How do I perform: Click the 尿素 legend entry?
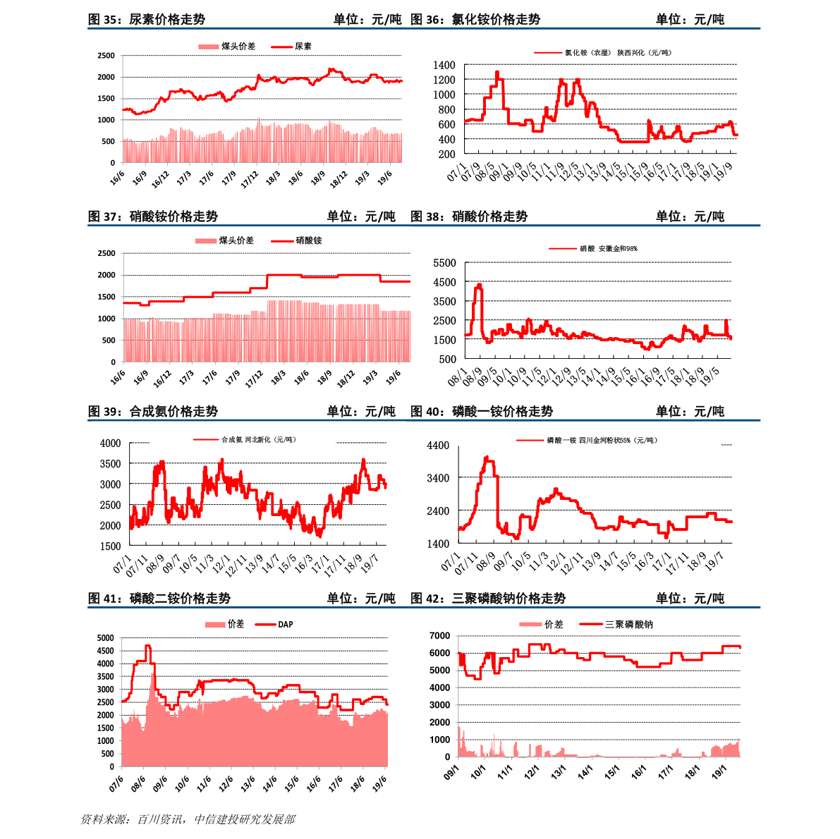[303, 47]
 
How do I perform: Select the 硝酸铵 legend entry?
[308, 240]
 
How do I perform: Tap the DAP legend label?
[285, 625]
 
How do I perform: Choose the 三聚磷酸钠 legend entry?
[628, 625]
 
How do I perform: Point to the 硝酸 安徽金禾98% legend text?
[608, 249]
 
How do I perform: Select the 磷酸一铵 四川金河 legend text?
[601, 441]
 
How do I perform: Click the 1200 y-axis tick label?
[444, 80]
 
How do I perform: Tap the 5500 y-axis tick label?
[444, 263]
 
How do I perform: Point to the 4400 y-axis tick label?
[438, 446]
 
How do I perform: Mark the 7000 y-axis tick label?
[439, 636]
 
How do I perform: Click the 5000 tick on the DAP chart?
[105, 638]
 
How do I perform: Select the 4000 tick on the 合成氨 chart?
[110, 443]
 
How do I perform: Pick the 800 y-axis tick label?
[446, 109]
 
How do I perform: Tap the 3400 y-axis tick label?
[438, 478]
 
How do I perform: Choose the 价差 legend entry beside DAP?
[236, 625]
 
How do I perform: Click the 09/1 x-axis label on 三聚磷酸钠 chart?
[451, 772]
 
